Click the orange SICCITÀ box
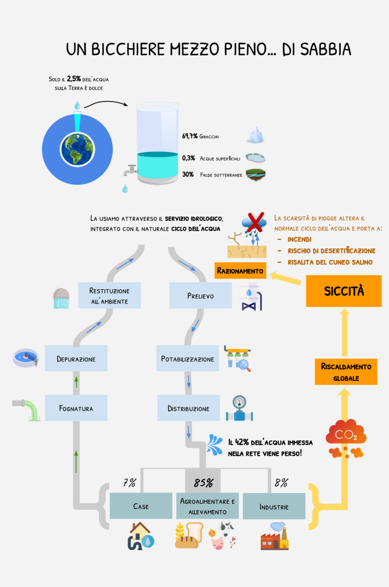click(x=344, y=291)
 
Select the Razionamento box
click(x=240, y=270)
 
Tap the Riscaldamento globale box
click(x=346, y=372)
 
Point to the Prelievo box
click(x=200, y=296)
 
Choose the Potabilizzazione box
click(x=187, y=359)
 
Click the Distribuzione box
click(x=188, y=409)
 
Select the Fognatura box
click(x=76, y=409)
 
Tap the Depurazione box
click(x=76, y=359)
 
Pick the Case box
click(x=141, y=506)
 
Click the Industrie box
click(x=274, y=507)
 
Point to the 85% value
click(x=203, y=483)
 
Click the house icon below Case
click(x=141, y=537)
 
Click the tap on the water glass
click(x=130, y=170)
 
